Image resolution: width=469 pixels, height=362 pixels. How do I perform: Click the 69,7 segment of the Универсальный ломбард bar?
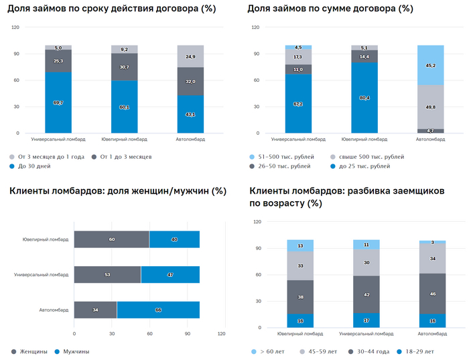point(58,102)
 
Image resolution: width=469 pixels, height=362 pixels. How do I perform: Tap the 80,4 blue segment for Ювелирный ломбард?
point(364,98)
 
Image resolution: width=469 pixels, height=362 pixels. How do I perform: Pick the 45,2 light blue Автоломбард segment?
point(430,65)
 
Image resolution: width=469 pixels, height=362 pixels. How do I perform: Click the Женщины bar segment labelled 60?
point(111,239)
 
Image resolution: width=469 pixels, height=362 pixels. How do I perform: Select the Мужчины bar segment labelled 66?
point(158,310)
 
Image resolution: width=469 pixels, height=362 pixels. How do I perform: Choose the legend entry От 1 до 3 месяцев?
point(127,156)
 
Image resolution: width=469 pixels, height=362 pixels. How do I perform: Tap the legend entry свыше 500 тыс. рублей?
point(368,156)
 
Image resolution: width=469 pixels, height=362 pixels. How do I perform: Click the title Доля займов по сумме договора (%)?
point(330,9)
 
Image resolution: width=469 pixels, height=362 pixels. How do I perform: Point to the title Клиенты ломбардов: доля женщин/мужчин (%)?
point(118,191)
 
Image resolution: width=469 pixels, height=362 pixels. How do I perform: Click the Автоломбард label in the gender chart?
point(54,310)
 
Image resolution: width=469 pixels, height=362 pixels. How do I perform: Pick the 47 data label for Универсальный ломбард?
point(170,274)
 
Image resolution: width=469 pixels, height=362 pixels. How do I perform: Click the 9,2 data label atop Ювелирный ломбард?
point(124,50)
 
